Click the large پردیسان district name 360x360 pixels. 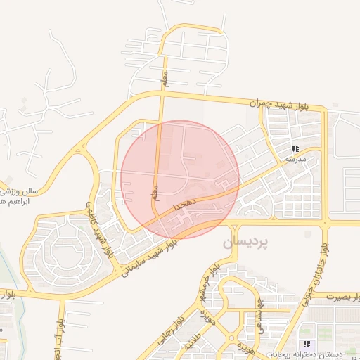pos(245,242)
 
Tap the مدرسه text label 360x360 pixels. pos(295,160)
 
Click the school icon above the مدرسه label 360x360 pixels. pos(296,148)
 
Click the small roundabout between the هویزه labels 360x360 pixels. pos(232,337)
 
